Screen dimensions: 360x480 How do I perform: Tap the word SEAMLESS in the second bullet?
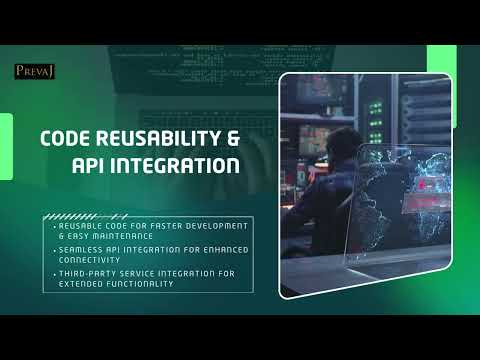tap(86, 249)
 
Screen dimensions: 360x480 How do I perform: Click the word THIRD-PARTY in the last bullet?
tap(93, 272)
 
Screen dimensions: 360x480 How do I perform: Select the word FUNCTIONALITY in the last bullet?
tap(143, 283)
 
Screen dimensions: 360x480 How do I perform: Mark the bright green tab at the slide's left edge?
tap(6, 140)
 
